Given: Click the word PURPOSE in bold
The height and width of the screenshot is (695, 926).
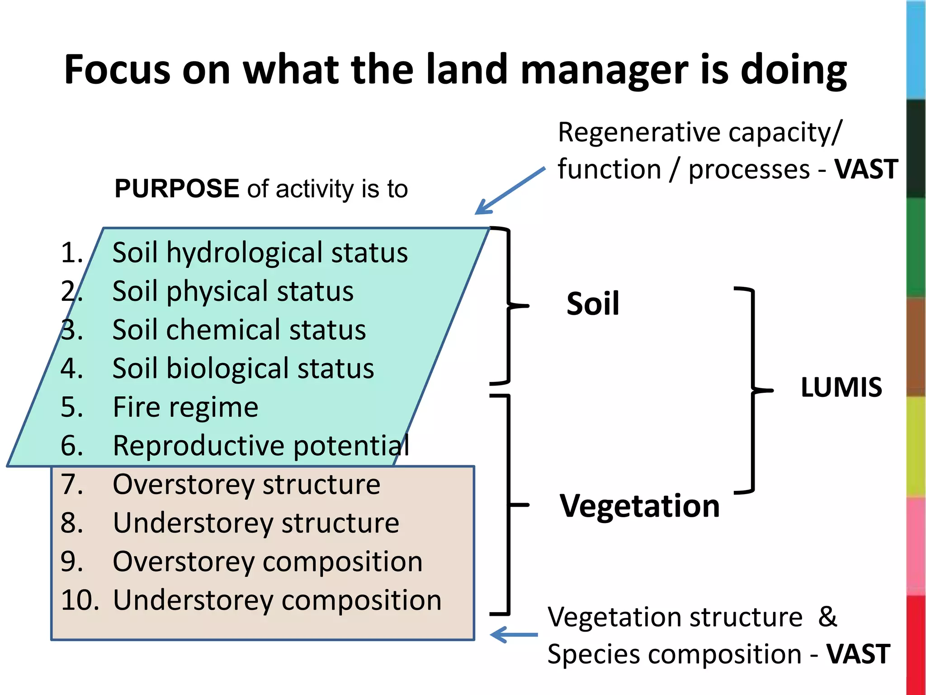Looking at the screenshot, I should (177, 189).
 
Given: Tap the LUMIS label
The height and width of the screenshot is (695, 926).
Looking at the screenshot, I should (841, 388).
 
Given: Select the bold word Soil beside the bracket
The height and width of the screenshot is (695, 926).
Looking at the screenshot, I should (593, 304).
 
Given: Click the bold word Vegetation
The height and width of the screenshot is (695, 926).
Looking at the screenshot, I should (639, 506).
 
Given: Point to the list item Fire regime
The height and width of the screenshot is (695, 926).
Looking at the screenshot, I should (185, 407).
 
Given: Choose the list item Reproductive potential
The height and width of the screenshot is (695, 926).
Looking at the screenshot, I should (261, 446).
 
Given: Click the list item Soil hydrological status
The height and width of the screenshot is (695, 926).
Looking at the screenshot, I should (260, 252).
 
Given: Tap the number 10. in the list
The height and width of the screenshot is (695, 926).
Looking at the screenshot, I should (80, 600).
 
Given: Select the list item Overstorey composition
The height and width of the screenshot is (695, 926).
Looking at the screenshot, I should (267, 562).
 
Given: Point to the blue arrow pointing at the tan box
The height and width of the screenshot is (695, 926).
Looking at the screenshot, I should (514, 635).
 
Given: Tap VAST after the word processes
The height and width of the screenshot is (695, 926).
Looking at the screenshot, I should (866, 170).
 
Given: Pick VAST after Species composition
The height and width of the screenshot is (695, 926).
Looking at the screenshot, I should (858, 654).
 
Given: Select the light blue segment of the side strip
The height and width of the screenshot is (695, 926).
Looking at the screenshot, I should (916, 49).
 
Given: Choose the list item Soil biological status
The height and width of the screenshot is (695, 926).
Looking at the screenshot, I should (243, 368).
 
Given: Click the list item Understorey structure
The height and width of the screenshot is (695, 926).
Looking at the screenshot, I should (256, 524).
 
